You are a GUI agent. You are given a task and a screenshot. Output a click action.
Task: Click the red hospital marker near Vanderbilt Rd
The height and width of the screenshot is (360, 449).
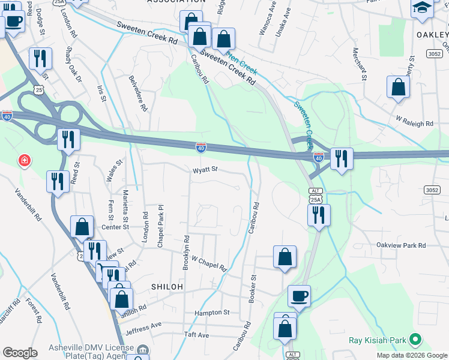(x=24, y=161)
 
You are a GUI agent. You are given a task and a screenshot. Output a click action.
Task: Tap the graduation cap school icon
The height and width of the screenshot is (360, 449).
(x=423, y=9)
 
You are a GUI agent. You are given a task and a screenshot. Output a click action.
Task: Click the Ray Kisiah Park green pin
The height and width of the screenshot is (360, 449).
(x=414, y=340)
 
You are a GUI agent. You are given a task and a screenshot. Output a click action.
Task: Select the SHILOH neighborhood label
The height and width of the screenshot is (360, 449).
(x=167, y=287)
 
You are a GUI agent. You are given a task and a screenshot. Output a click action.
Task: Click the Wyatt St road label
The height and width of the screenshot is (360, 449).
(x=204, y=170)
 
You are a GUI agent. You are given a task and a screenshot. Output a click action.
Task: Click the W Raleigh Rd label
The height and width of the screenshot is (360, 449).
(x=414, y=124)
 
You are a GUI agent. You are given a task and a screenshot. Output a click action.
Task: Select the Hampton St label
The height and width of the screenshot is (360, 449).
(x=212, y=313)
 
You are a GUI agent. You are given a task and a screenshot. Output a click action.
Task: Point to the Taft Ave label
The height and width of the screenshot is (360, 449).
(x=196, y=335)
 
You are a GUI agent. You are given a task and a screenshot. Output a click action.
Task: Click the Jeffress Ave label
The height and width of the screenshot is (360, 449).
(x=143, y=327)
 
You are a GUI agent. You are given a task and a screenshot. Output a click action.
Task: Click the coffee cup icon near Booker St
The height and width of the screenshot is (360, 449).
(x=299, y=296)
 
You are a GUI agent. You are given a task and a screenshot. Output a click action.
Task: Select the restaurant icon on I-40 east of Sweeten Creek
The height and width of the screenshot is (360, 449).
(x=341, y=158)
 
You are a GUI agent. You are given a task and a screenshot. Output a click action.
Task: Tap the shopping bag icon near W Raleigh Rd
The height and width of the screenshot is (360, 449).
(x=399, y=87)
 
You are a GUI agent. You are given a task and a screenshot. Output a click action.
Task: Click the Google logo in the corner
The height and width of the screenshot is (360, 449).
(x=20, y=353)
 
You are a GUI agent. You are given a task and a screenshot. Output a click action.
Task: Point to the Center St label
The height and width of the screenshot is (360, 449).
(x=115, y=227)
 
